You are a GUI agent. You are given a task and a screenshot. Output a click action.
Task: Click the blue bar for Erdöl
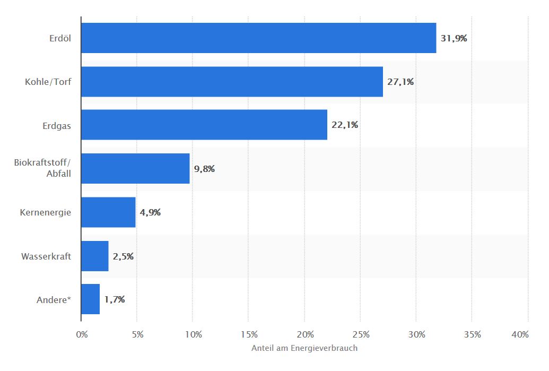click(x=259, y=38)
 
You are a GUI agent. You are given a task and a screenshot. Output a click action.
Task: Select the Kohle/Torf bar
click(x=232, y=82)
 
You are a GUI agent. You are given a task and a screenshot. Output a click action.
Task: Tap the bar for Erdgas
click(x=204, y=125)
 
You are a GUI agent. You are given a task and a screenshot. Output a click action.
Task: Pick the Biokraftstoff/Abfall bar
click(x=135, y=168)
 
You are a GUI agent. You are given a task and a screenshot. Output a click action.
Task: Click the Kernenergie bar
click(x=108, y=212)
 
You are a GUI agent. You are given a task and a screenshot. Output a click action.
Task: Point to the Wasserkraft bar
click(x=94, y=256)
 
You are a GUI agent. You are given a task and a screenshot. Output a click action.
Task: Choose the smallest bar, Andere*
click(x=90, y=299)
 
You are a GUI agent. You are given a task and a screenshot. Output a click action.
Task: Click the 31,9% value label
click(x=454, y=38)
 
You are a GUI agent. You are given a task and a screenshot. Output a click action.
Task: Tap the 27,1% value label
click(x=400, y=82)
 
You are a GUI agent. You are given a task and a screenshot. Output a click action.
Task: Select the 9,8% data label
click(x=204, y=169)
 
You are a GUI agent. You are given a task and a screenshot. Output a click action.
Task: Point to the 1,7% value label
click(x=115, y=299)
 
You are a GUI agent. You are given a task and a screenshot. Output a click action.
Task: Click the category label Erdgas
click(x=57, y=126)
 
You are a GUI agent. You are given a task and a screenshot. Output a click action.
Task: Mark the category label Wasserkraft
click(x=46, y=256)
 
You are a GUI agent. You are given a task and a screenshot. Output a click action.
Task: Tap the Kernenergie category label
click(x=46, y=213)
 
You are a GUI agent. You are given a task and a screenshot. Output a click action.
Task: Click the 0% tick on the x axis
click(x=82, y=334)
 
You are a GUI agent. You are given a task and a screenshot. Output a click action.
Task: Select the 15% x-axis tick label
click(x=249, y=334)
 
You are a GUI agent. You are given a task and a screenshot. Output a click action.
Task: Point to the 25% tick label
click(x=361, y=334)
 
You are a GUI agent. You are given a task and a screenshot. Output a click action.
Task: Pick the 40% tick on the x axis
click(x=520, y=334)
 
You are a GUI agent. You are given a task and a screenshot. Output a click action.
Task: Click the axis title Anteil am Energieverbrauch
click(x=304, y=348)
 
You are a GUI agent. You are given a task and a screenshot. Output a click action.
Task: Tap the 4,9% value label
click(x=150, y=213)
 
